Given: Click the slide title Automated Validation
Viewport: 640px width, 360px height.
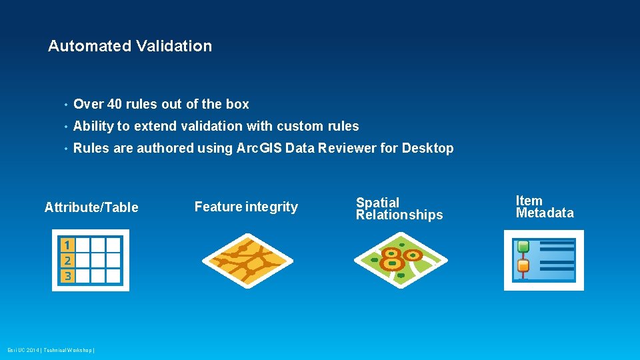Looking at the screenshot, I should point(130,46).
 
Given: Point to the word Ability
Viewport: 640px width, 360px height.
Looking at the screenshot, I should point(93,126).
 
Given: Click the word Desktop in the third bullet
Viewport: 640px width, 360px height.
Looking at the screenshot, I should point(427,148).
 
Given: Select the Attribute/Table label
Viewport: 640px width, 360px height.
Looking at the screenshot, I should point(91,207).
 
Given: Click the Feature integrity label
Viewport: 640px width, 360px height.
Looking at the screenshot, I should point(246,207).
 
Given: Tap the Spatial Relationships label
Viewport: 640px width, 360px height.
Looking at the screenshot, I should point(399,208).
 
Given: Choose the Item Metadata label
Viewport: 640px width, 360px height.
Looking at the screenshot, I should point(544,207).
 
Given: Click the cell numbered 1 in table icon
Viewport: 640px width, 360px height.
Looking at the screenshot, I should point(67,245).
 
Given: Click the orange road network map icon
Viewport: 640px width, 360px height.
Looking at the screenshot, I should point(247,261).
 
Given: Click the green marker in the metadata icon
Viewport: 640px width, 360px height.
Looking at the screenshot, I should point(523,247).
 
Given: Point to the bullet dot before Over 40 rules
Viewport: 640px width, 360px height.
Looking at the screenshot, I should point(65,105).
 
